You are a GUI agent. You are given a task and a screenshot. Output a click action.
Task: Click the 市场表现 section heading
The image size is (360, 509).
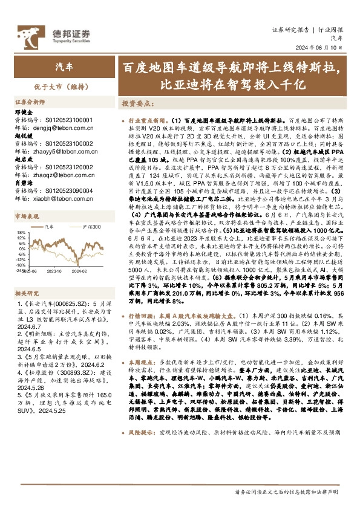(27, 216)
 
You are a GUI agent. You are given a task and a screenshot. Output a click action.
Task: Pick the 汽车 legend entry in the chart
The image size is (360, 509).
(49, 227)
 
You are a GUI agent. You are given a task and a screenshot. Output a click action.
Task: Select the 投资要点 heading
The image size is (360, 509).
(136, 103)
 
